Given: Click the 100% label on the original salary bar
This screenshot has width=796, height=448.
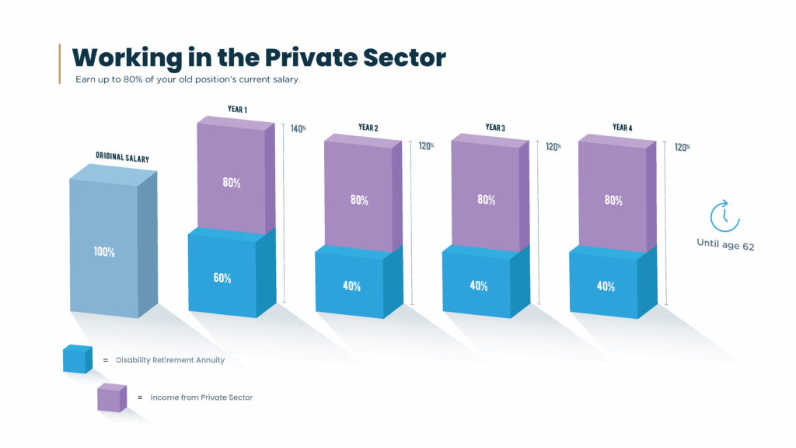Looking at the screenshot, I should pyautogui.click(x=104, y=252).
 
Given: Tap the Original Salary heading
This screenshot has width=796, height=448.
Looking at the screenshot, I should pyautogui.click(x=122, y=156).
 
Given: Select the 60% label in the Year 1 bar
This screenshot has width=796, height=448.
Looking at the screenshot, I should pyautogui.click(x=222, y=278).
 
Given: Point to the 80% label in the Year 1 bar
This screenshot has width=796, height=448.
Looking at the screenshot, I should pyautogui.click(x=232, y=183).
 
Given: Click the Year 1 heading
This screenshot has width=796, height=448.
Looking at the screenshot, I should pyautogui.click(x=237, y=110).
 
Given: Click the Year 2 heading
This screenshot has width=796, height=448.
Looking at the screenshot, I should pyautogui.click(x=368, y=126).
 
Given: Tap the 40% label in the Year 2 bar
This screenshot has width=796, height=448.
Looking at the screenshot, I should pyautogui.click(x=351, y=285).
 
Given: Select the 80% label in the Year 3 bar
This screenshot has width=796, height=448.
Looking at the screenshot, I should pyautogui.click(x=486, y=200).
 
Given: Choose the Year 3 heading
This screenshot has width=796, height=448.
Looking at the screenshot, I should pyautogui.click(x=495, y=127).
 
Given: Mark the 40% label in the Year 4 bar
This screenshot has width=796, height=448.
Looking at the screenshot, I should pyautogui.click(x=606, y=285).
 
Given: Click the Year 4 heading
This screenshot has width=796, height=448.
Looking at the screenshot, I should pyautogui.click(x=622, y=127).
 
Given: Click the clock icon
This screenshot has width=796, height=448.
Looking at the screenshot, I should pyautogui.click(x=724, y=215).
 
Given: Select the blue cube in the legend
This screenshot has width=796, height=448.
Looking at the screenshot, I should pyautogui.click(x=77, y=359).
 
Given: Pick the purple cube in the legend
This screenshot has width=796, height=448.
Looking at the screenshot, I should pyautogui.click(x=111, y=397).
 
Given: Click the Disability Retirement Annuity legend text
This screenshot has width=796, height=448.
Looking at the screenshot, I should pyautogui.click(x=169, y=360).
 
